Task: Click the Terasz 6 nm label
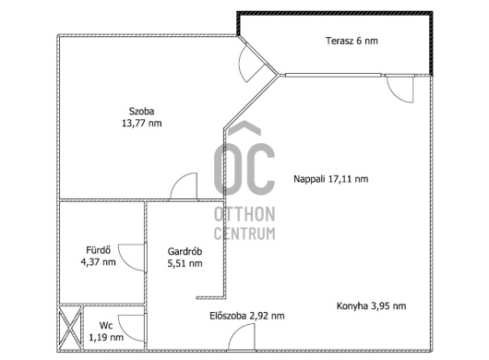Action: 352,41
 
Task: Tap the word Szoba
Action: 141,111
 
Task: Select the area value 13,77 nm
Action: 141,123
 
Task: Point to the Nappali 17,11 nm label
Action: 331,179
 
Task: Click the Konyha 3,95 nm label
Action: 372,306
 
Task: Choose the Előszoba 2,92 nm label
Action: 247,316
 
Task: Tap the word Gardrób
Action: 185,251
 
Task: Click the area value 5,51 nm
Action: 185,263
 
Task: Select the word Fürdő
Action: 98,250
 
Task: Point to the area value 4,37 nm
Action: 98,262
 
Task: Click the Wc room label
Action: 106,325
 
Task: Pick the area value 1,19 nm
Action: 106,337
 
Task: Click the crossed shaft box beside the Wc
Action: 70,329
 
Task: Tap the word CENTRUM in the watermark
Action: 244,234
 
